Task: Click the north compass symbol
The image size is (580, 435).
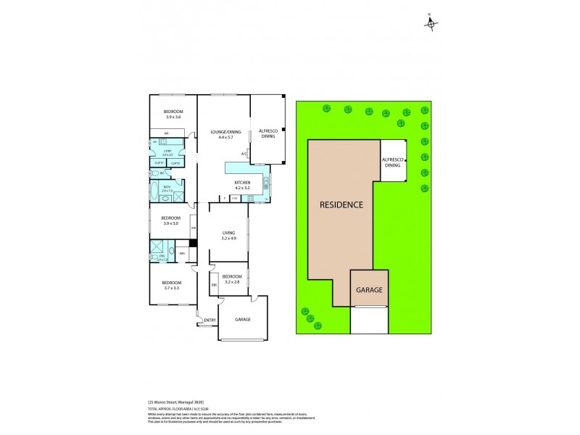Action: [431, 24]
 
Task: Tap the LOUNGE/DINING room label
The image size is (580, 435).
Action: [225, 132]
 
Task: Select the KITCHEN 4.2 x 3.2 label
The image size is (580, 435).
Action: [242, 184]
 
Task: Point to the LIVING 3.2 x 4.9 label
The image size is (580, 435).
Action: [229, 235]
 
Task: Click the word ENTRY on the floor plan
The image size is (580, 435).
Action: [210, 320]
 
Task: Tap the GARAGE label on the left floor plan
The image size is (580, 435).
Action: [244, 319]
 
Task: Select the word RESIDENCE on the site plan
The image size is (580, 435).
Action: [341, 204]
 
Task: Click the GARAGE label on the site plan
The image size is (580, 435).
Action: [369, 289]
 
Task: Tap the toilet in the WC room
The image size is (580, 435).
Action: [157, 174]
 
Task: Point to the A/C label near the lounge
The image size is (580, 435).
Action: [244, 154]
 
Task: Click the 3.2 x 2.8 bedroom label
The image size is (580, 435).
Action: [232, 280]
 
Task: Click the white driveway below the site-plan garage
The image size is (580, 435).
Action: [369, 320]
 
